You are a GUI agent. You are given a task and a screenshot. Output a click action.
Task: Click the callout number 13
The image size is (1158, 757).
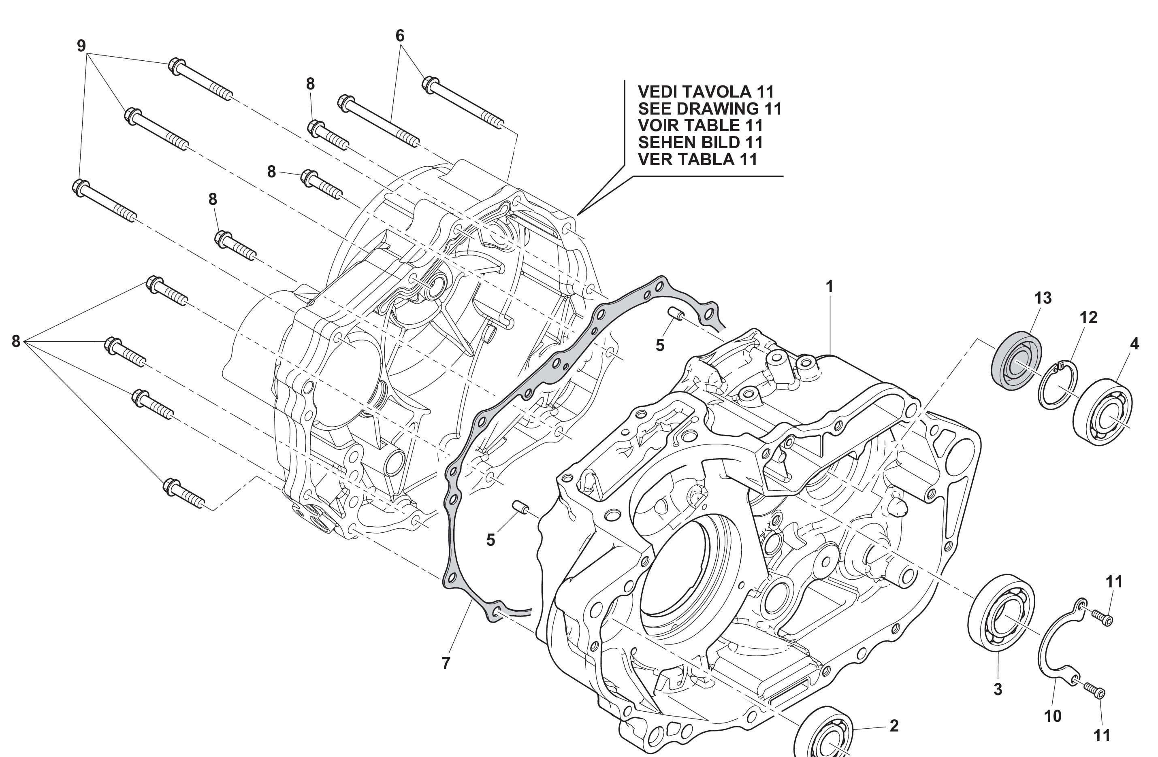[x=1043, y=298]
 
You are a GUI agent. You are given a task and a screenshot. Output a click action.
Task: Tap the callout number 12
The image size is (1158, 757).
[x=1088, y=317]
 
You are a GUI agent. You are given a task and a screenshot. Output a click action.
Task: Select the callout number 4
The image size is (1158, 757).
[x=1134, y=344]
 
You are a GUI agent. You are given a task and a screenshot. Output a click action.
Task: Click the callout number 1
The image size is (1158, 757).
[x=830, y=286]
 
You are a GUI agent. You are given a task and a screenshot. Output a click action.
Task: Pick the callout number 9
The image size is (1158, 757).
[x=81, y=46]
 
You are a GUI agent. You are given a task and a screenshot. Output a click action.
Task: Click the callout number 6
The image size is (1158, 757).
[x=400, y=36]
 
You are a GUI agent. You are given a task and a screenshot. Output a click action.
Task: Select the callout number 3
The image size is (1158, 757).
[x=998, y=689]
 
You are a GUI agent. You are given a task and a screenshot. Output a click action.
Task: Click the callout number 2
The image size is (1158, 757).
[x=894, y=726]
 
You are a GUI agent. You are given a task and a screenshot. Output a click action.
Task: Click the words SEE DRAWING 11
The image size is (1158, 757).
[x=709, y=108]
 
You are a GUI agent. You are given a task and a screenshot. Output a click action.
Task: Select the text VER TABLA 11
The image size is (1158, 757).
[x=698, y=159]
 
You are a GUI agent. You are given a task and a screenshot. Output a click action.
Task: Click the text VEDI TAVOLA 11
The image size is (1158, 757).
[x=706, y=91]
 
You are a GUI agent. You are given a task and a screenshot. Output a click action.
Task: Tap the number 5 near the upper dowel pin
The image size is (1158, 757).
[x=660, y=345]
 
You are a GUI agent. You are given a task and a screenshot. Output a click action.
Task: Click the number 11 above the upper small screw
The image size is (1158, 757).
[x=1114, y=581]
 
